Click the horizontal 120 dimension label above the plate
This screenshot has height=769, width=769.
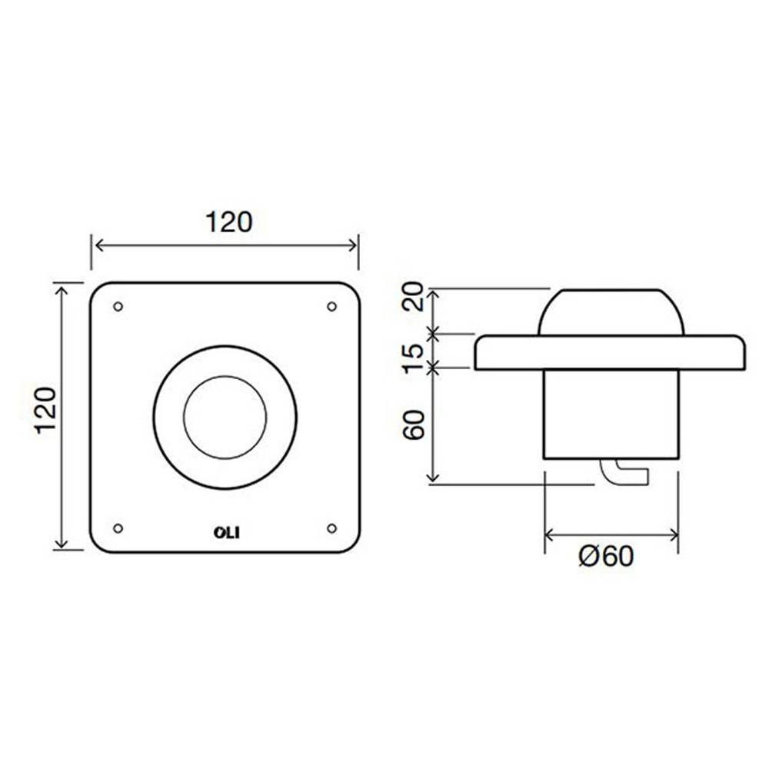pyautogui.click(x=228, y=222)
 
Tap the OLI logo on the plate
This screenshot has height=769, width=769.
pyautogui.click(x=227, y=533)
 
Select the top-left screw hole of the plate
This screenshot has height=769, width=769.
pyautogui.click(x=118, y=307)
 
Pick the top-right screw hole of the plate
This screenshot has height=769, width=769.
pyautogui.click(x=332, y=307)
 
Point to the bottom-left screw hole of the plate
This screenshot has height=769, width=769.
pyautogui.click(x=118, y=528)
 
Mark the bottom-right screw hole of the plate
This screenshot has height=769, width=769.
pyautogui.click(x=332, y=528)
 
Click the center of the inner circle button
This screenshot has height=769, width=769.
pyautogui.click(x=225, y=418)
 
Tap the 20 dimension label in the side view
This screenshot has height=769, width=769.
pyautogui.click(x=414, y=296)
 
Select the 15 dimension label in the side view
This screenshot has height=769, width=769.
pyautogui.click(x=414, y=358)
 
